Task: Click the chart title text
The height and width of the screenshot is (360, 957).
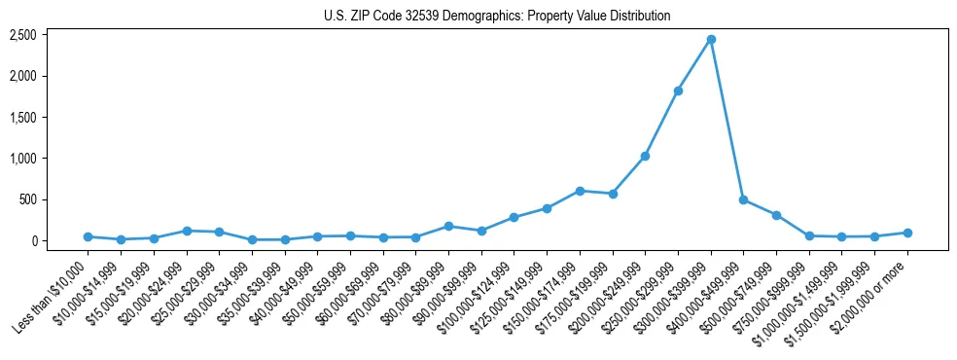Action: click(x=497, y=17)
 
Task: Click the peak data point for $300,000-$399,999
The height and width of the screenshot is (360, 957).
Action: click(x=711, y=39)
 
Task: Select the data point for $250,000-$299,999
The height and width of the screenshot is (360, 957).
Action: click(x=678, y=90)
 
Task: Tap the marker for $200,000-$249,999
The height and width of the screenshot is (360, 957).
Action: click(x=645, y=156)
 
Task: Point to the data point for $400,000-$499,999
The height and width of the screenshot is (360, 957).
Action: click(x=743, y=199)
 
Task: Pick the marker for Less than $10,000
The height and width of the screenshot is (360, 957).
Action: click(x=88, y=236)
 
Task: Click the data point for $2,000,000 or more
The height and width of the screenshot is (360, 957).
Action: click(x=907, y=233)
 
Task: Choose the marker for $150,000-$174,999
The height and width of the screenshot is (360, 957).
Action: click(x=580, y=191)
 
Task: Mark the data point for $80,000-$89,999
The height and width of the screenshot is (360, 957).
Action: click(x=448, y=226)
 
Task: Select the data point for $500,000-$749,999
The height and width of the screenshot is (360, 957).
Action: click(x=776, y=215)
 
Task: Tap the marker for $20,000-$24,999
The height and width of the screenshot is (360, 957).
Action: click(x=186, y=231)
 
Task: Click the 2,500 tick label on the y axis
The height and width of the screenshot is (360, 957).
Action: click(x=23, y=35)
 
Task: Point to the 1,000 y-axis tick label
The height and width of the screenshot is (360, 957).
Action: click(x=23, y=159)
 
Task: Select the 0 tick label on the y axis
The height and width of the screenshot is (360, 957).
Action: click(x=32, y=241)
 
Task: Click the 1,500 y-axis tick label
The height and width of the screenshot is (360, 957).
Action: click(x=23, y=118)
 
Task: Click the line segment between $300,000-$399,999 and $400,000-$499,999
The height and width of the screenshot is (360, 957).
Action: click(x=727, y=120)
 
